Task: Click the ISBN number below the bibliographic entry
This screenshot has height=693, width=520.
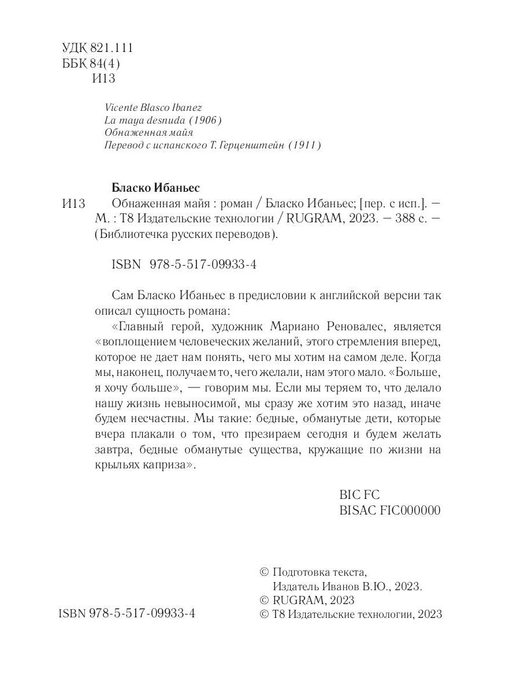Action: pyautogui.click(x=202, y=264)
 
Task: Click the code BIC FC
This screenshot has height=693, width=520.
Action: pyautogui.click(x=358, y=495)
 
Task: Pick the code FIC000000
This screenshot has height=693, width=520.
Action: pyautogui.click(x=407, y=511)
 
